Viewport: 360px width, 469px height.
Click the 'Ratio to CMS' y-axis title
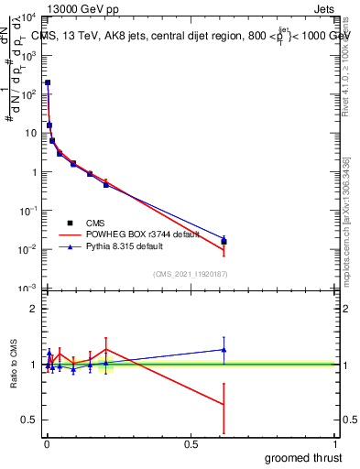[14, 364]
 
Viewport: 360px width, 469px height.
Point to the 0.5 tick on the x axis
[191, 443]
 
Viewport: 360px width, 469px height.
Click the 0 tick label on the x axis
[47, 443]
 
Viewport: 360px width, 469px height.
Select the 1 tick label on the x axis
[334, 443]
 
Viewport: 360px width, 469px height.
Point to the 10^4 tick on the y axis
[28, 17]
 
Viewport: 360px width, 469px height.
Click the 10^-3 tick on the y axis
[28, 289]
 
